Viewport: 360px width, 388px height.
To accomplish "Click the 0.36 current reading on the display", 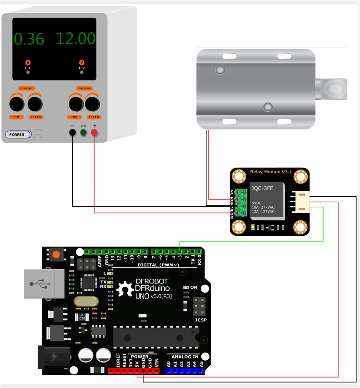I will point(29,39).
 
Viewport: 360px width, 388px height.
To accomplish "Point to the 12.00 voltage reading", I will point(76,38).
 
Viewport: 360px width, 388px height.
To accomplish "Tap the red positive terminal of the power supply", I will point(95,133).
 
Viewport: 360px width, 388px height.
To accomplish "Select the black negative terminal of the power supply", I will point(72,133).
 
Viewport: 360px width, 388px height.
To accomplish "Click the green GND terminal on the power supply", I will point(84,133).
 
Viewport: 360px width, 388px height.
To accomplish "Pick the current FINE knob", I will point(16,104).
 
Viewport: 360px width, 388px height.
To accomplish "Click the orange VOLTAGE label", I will point(85,88).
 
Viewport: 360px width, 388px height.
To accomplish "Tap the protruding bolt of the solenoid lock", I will point(334,89).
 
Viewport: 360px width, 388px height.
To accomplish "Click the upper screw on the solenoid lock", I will point(220,70).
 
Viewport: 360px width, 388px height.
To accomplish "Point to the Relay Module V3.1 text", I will point(271,172).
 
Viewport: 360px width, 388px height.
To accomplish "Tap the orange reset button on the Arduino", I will point(56,254).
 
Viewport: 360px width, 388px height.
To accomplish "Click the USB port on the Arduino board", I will point(44,284).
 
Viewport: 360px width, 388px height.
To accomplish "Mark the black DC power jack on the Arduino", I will point(53,357).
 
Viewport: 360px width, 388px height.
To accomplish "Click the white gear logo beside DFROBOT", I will point(124,289).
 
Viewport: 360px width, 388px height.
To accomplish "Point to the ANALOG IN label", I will point(185,357).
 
